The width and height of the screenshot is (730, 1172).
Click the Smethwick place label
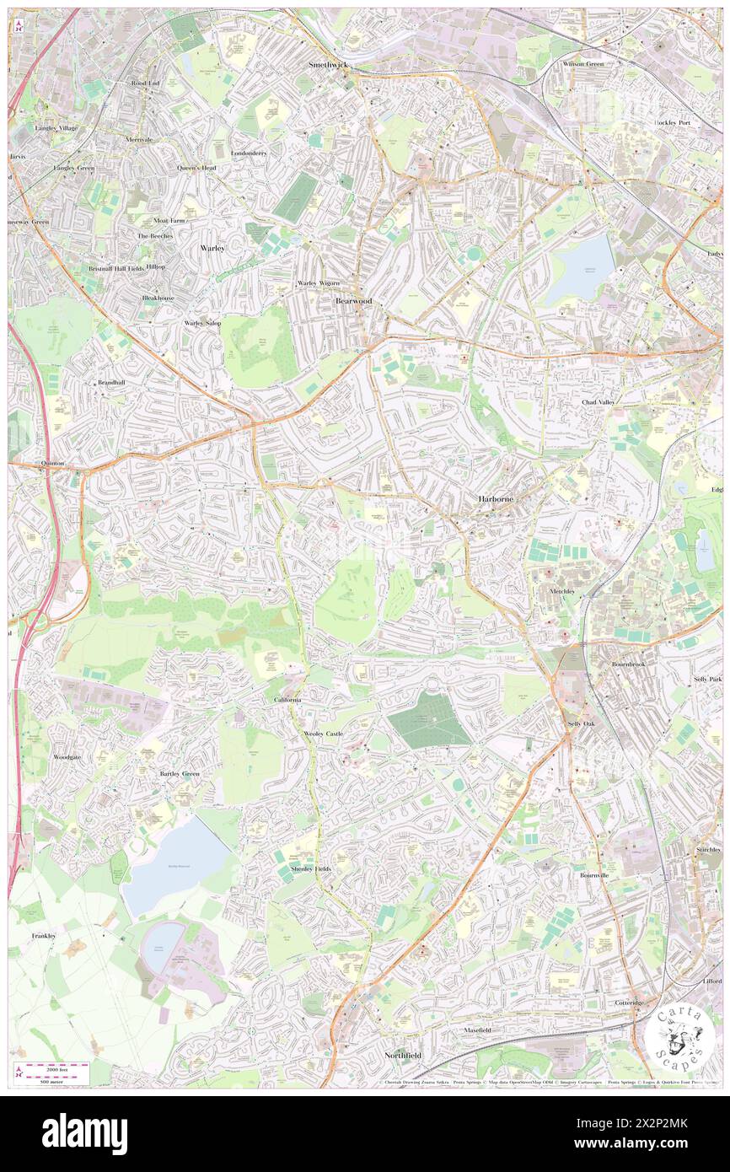click(x=328, y=64)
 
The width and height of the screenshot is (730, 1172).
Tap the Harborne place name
click(x=497, y=498)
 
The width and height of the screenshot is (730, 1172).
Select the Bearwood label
click(x=353, y=300)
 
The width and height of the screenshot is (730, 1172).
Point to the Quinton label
click(x=52, y=464)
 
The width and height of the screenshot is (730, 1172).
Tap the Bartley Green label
click(x=180, y=773)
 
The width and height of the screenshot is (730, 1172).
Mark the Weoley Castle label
click(x=324, y=734)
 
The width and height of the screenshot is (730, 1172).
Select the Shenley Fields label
click(x=311, y=868)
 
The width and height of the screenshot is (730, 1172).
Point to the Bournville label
click(x=598, y=875)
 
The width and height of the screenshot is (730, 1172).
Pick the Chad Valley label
click(x=598, y=402)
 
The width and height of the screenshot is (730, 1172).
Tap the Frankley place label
click(x=44, y=936)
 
